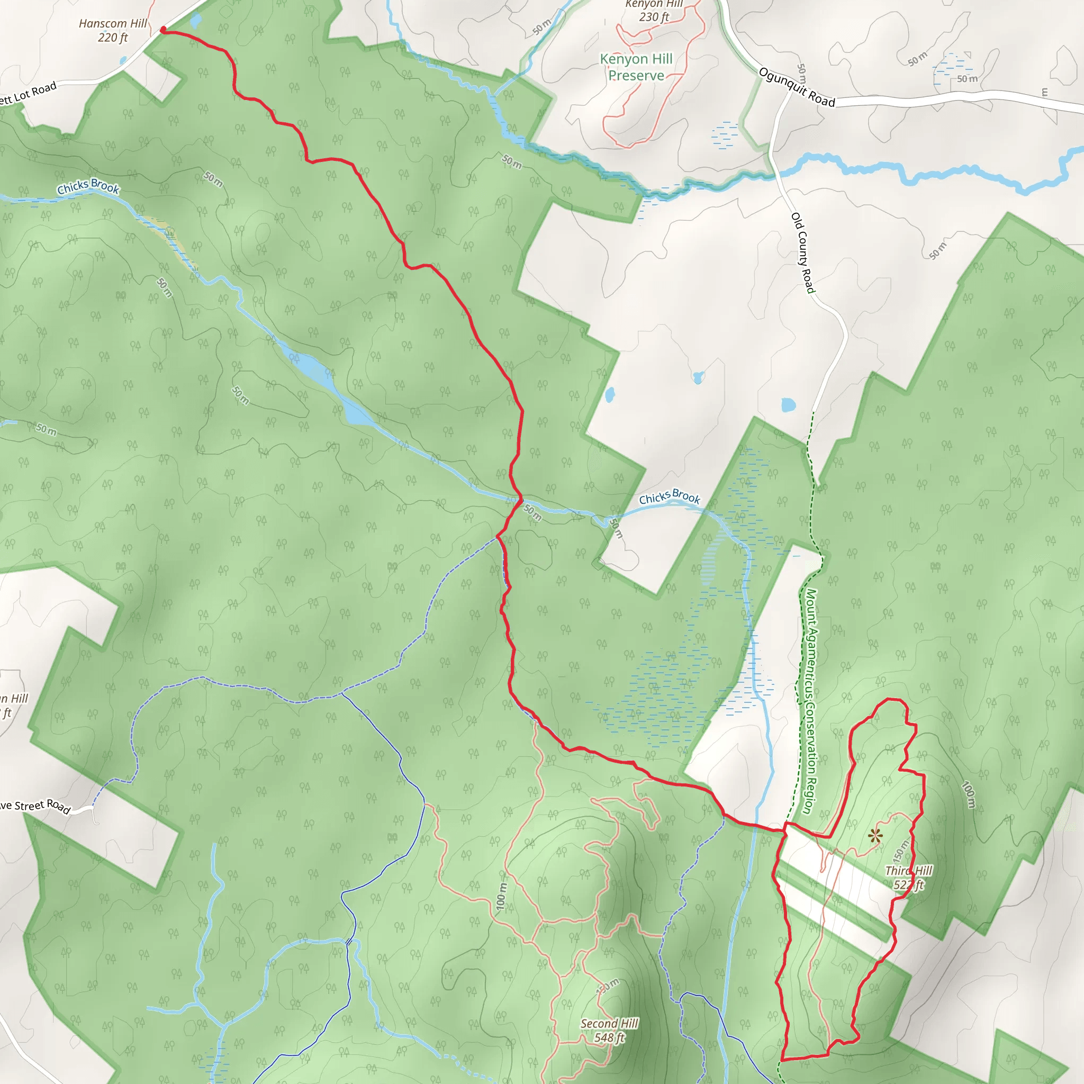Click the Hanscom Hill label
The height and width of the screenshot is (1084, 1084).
point(113,30)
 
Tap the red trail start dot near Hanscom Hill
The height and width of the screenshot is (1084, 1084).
point(163,30)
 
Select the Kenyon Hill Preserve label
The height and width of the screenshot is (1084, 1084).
point(636,67)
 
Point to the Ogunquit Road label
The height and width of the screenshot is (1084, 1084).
point(797,87)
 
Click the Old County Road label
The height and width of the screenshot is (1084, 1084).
point(802,252)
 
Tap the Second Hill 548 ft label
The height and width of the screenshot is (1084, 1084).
point(609,1031)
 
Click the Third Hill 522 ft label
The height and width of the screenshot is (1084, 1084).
point(908,878)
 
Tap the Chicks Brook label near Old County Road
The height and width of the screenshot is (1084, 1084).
point(670,496)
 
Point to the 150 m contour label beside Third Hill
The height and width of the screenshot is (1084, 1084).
point(900,851)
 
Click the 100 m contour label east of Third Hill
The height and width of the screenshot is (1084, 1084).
point(969,794)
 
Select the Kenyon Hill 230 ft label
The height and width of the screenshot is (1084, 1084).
point(654,11)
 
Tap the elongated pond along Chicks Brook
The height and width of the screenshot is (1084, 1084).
point(326,382)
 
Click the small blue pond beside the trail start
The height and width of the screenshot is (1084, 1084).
point(195,21)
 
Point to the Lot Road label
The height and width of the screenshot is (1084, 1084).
point(28,94)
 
